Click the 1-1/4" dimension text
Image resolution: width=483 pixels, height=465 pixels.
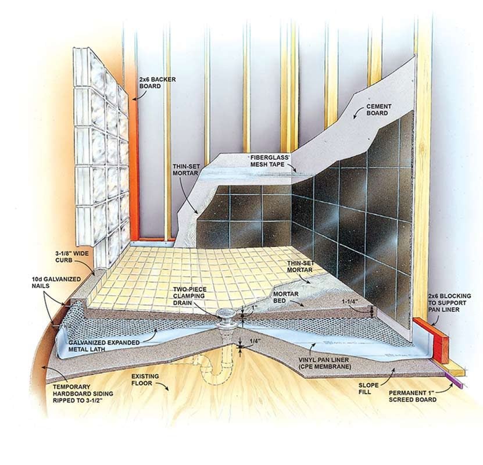point(349,302)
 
